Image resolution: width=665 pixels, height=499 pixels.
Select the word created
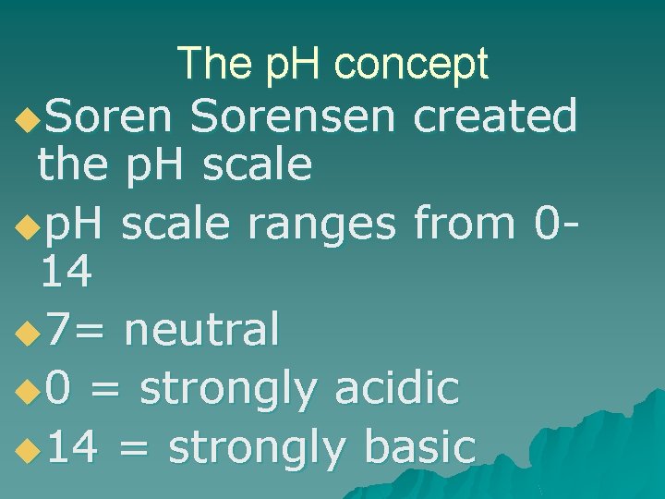[495, 117]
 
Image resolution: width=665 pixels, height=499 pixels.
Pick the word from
[464, 223]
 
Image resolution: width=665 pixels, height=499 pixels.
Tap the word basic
[420, 447]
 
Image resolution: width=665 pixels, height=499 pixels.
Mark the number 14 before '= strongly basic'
[75, 447]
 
